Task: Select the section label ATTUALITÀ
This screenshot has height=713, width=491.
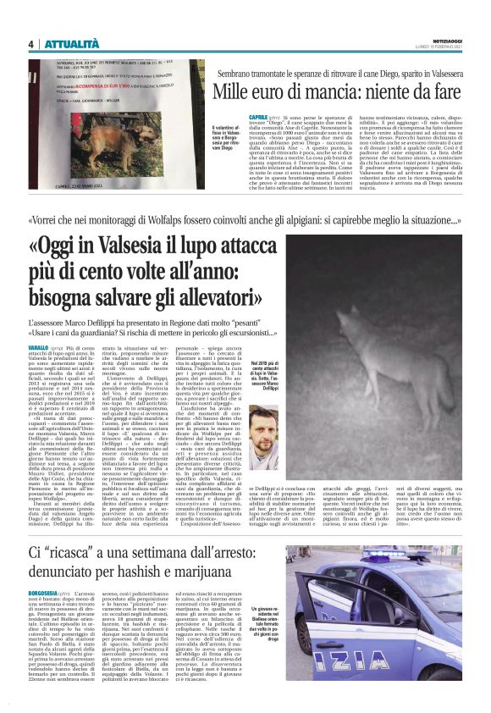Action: tap(71, 44)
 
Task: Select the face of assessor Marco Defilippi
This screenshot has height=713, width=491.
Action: tap(269, 431)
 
